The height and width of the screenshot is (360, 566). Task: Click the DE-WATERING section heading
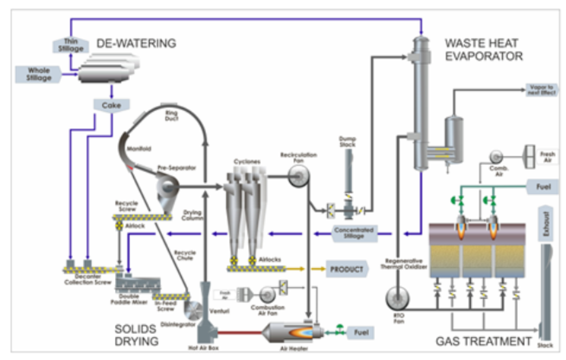click(x=136, y=43)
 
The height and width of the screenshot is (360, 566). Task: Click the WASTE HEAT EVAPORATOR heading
click(x=484, y=49)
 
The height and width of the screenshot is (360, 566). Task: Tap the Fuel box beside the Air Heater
click(x=358, y=332)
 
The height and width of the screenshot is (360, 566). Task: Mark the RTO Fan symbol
click(x=395, y=296)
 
